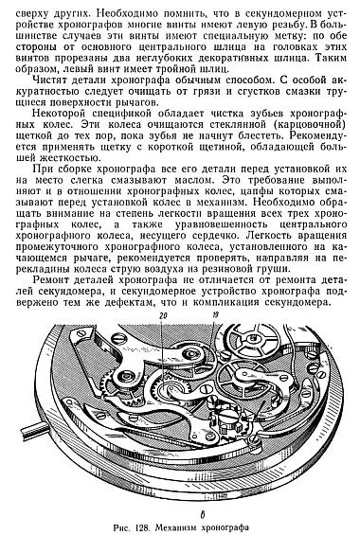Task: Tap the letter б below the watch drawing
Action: [178, 512]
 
